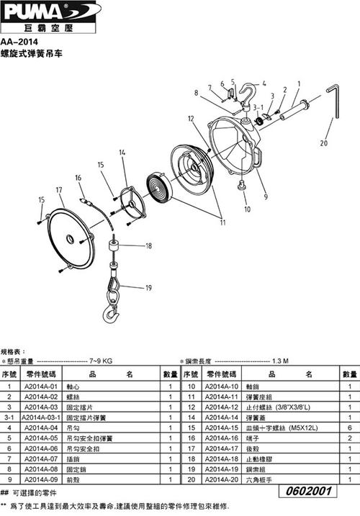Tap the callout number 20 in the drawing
323,142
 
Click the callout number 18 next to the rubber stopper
148,246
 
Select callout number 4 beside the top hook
264,82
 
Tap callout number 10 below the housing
247,209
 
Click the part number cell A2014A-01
40,386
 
